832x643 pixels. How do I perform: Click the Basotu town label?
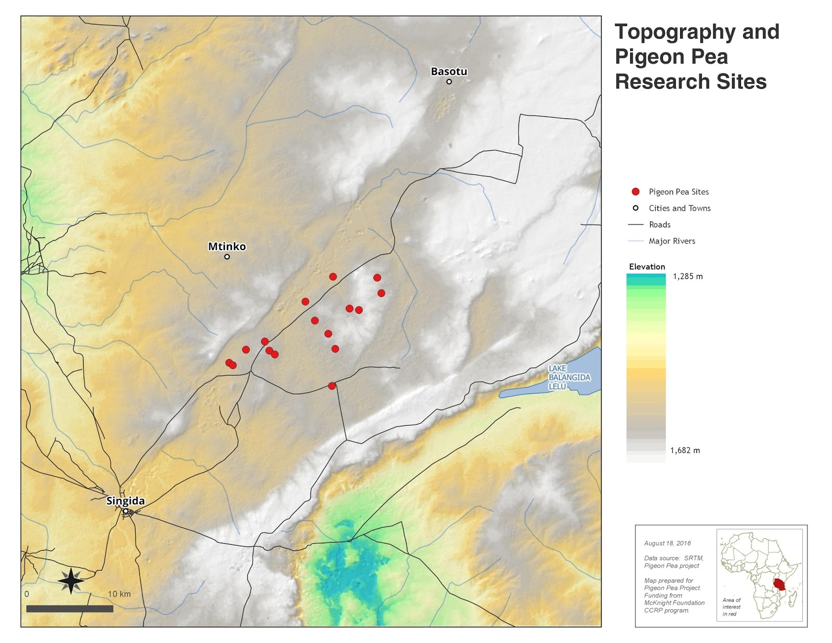(x=449, y=72)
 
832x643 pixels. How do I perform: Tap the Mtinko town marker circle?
(x=227, y=257)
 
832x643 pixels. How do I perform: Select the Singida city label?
(x=125, y=501)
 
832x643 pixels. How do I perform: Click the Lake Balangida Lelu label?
(x=569, y=377)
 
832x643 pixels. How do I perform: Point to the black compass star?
(x=71, y=581)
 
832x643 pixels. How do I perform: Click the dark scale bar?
(x=70, y=609)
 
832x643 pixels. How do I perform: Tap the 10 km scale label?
(x=119, y=594)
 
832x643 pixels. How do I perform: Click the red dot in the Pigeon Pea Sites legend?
(x=635, y=192)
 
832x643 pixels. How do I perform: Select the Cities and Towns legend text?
(x=679, y=208)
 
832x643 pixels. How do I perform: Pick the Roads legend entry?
(x=659, y=225)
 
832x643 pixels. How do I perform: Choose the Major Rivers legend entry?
(x=671, y=241)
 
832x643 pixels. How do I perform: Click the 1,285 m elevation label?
(x=687, y=277)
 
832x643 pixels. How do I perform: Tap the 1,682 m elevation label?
(x=685, y=451)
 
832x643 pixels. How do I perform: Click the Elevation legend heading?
(x=647, y=267)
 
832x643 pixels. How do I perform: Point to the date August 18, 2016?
(x=667, y=543)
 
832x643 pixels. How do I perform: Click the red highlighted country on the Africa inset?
(x=778, y=584)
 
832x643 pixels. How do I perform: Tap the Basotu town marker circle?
(x=449, y=82)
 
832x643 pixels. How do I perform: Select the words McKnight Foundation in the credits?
(x=674, y=603)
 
